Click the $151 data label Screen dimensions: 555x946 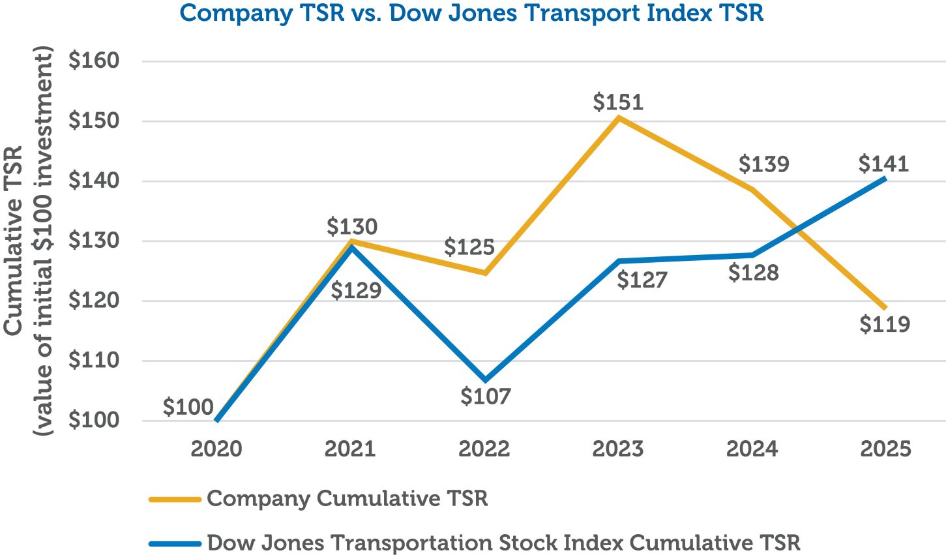(618, 102)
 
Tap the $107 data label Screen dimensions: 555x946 (486, 396)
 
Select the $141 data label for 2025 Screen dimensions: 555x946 (883, 164)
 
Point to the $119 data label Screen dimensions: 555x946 (884, 324)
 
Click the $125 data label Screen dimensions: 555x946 (469, 248)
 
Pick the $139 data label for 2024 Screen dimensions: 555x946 (763, 164)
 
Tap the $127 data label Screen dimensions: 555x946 (642, 280)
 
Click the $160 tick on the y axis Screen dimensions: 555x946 (94, 61)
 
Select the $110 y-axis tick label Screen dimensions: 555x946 (94, 361)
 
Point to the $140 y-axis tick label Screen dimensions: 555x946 (94, 181)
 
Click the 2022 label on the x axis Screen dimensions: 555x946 (484, 449)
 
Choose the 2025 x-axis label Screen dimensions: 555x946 (885, 449)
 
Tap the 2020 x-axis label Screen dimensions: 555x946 (216, 449)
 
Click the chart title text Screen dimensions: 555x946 (471, 13)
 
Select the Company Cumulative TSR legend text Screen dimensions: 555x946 (347, 499)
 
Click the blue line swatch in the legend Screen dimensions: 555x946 (174, 543)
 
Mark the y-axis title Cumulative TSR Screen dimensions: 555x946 (13, 241)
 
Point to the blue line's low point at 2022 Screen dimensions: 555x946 (484, 380)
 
